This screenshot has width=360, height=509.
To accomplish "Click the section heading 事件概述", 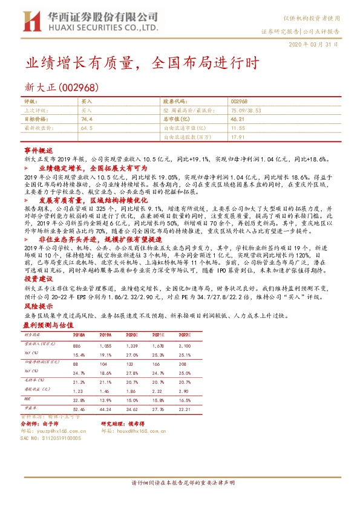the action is point(39,149).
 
